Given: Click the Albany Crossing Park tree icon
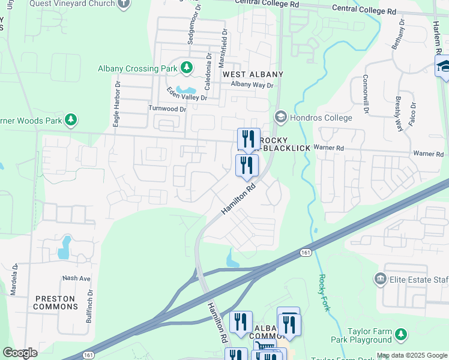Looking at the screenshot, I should [x=187, y=68].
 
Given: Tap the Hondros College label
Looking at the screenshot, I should [x=322, y=118].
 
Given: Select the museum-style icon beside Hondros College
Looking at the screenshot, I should [x=280, y=117].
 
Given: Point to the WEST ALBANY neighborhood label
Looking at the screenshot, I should [x=252, y=74].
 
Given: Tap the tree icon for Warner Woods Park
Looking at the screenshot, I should [x=71, y=121].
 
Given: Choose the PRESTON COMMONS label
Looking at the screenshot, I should [x=55, y=302].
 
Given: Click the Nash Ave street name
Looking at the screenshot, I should [x=76, y=278].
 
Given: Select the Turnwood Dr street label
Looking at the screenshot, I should [x=167, y=109].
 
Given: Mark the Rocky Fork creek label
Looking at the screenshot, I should [x=322, y=290].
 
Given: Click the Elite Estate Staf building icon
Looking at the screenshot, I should [x=379, y=278].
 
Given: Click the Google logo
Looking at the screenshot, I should [x=20, y=353].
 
